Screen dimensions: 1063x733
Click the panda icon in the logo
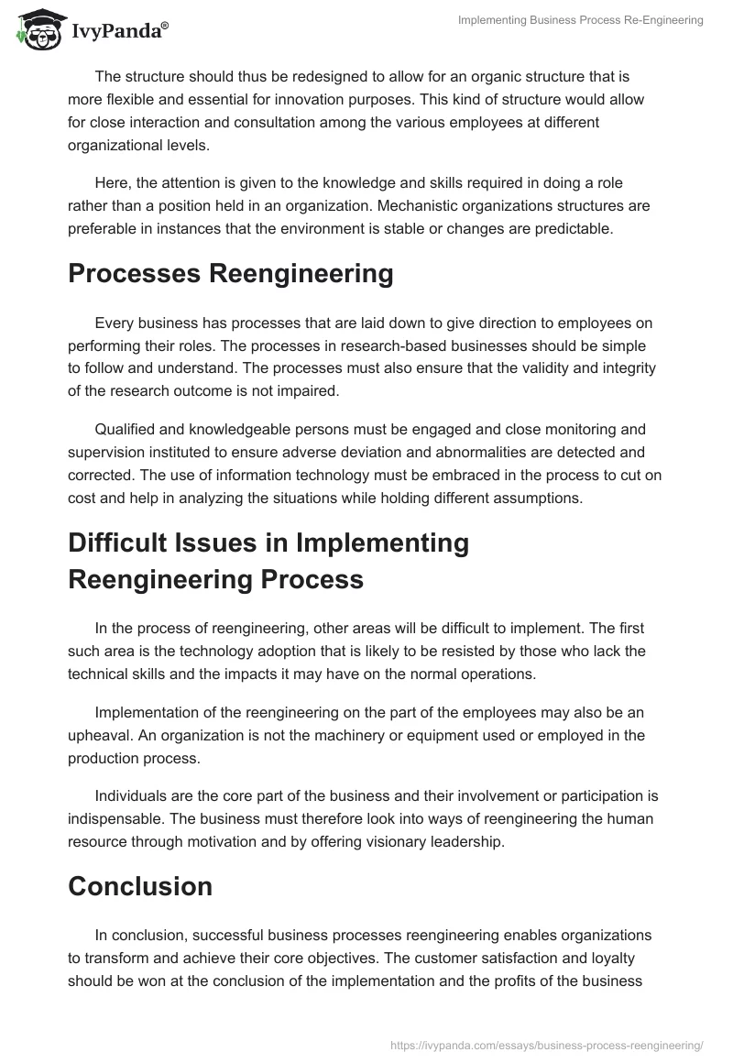38,27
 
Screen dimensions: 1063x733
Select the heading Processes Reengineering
231,274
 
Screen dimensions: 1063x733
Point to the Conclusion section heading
140,886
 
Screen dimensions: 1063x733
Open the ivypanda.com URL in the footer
546,1045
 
